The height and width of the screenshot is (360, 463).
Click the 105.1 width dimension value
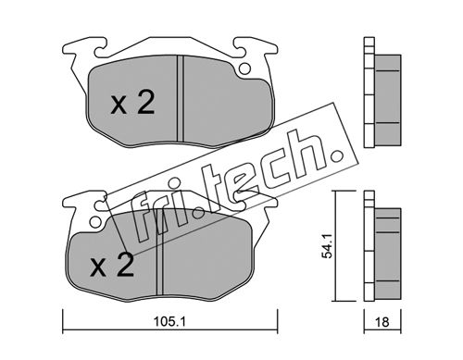pos(169,322)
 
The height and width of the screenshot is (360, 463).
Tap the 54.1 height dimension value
pos(327,246)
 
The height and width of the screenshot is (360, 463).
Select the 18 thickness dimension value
pos(382,322)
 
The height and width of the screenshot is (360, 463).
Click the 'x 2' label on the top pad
pos(132,104)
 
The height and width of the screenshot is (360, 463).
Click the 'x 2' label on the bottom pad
pos(112,265)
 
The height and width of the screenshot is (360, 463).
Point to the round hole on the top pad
pos(244,68)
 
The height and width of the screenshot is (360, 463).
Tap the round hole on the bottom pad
pos(95,221)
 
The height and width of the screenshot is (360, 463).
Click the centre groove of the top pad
pos(181,98)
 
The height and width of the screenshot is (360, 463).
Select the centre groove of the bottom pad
pos(160,252)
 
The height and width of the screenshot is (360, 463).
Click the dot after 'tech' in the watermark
pos(335,157)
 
